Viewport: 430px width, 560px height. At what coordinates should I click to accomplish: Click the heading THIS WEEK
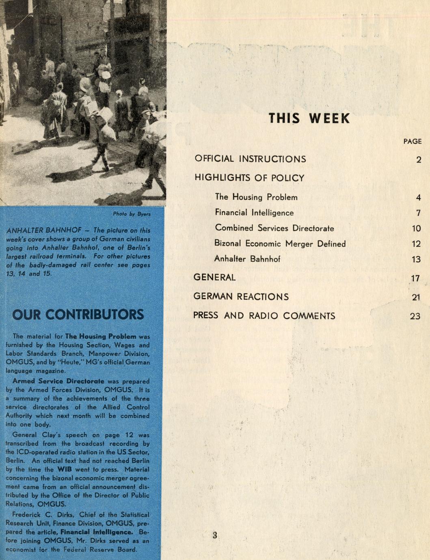tap(309, 118)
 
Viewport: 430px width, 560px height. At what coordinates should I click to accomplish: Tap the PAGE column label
tap(412, 141)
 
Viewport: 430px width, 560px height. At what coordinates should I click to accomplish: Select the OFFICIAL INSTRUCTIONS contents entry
tap(250, 159)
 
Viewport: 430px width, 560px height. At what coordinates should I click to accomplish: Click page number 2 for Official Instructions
tap(419, 159)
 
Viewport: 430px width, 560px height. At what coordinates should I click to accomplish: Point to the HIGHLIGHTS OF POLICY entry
tap(249, 178)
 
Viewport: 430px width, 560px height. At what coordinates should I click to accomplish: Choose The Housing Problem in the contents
tap(256, 197)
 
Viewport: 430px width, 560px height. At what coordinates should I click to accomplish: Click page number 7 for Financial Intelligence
tap(418, 213)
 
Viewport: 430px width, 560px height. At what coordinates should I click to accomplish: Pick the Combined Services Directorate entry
tap(274, 228)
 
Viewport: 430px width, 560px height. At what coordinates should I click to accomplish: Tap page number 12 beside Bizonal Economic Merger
tap(416, 244)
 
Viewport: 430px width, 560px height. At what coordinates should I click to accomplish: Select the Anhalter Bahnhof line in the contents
tap(247, 259)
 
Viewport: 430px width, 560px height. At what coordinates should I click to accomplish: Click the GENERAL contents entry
tap(214, 278)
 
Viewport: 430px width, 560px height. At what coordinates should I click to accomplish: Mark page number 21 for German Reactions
tap(416, 297)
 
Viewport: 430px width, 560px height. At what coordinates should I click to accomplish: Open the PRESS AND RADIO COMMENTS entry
tap(264, 316)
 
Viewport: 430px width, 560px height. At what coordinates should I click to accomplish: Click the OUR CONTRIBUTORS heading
tap(78, 314)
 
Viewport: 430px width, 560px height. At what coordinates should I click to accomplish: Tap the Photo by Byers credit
tap(132, 214)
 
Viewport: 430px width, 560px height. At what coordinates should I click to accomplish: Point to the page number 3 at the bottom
tap(215, 535)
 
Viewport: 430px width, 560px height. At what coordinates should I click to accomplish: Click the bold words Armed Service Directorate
tap(58, 381)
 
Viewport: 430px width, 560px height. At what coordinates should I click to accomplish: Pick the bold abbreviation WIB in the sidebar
tap(64, 470)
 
